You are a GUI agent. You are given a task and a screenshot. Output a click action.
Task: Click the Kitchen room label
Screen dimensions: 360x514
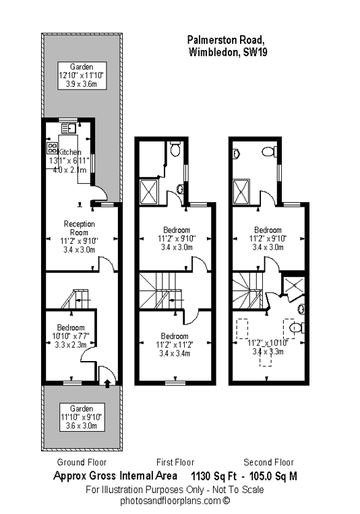[x=69, y=152]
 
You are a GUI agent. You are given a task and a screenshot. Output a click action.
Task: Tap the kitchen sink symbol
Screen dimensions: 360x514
[x=69, y=128]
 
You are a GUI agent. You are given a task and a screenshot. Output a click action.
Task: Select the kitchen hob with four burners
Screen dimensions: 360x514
[x=52, y=148]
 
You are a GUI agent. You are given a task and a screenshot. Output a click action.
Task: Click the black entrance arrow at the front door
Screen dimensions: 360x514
[x=107, y=383]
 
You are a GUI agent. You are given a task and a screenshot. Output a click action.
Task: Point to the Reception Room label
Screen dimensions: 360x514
[x=79, y=228]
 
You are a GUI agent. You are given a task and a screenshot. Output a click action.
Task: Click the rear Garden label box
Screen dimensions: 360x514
[x=82, y=75]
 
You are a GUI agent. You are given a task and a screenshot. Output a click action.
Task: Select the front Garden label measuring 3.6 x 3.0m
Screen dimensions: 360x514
[x=82, y=417]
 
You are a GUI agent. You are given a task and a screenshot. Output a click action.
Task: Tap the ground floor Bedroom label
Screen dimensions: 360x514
[x=71, y=327]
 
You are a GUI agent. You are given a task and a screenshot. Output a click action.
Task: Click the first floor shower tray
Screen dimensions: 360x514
[x=149, y=192]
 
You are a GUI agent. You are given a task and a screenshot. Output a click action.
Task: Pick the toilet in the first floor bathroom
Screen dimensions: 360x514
[x=175, y=148]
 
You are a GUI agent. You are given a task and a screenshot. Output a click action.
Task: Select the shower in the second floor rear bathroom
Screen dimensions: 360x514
[x=241, y=192]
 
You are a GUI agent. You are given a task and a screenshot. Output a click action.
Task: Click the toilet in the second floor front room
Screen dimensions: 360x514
[x=298, y=327]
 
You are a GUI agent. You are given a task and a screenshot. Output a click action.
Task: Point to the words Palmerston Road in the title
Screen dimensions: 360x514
[x=225, y=40]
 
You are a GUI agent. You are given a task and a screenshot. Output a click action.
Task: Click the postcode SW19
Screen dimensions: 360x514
[x=255, y=52]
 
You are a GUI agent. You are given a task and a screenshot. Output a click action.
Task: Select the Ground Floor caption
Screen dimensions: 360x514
[x=82, y=462]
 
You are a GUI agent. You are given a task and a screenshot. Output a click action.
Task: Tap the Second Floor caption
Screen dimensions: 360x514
[x=268, y=462]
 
